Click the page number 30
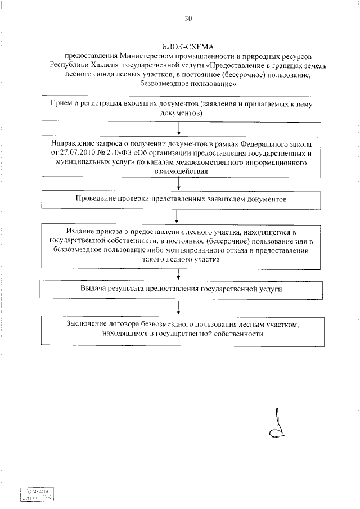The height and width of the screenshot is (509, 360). point(188,19)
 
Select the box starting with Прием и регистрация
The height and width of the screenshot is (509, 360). point(181,109)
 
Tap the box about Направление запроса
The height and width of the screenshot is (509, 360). point(181,159)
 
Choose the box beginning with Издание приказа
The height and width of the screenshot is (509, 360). point(181,245)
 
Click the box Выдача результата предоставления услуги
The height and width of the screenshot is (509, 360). point(181,289)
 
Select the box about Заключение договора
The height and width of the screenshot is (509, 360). point(181,329)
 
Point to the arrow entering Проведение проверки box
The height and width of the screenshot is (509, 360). point(179,185)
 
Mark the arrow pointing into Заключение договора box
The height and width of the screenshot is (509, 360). point(178,308)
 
